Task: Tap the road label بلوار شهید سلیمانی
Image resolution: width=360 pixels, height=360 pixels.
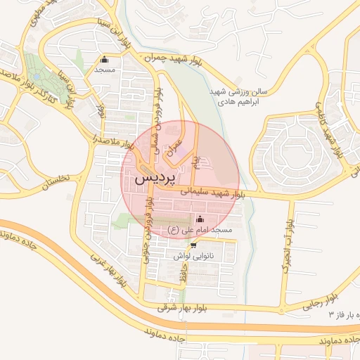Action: tap(212, 191)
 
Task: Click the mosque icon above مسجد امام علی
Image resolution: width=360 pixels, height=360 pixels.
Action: tap(198, 218)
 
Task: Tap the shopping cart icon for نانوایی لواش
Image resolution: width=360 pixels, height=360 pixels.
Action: tap(193, 245)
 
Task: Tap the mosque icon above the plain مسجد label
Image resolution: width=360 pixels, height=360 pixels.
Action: tap(105, 59)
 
